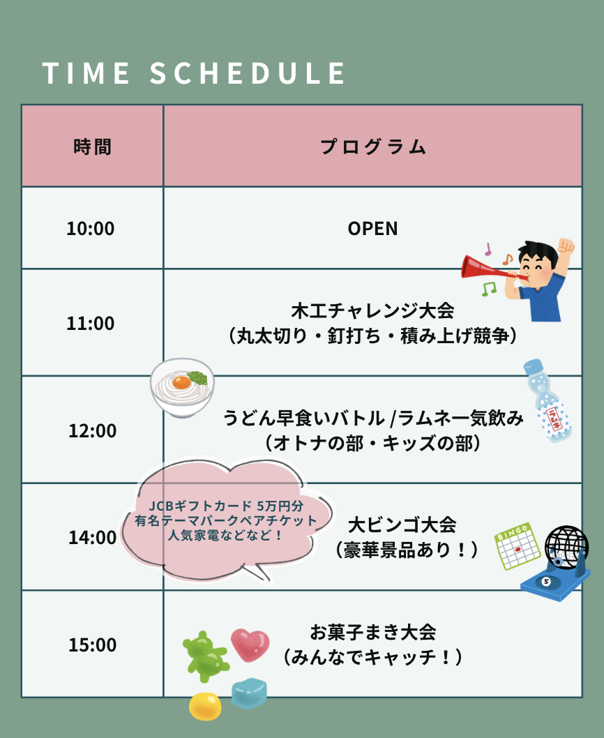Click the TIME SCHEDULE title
click(193, 73)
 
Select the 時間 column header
click(92, 147)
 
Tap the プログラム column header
click(373, 147)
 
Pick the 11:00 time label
click(91, 324)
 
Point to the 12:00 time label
click(92, 430)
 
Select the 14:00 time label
click(92, 538)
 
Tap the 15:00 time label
click(92, 645)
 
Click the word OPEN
click(373, 229)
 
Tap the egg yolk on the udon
click(182, 382)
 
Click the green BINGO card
click(517, 546)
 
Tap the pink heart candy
click(250, 644)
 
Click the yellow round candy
click(205, 707)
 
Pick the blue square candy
click(249, 693)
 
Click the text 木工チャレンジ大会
click(373, 310)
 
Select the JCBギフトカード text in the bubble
click(199, 506)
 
